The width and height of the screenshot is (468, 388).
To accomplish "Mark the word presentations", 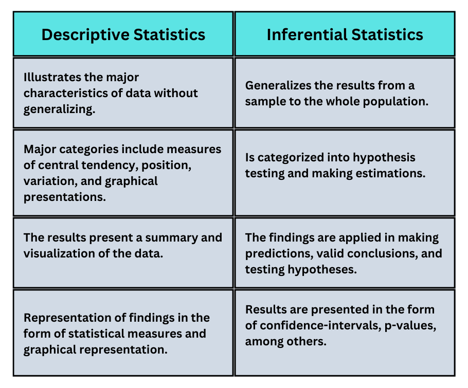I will point(64,197).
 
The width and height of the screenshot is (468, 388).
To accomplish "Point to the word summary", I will point(173,237).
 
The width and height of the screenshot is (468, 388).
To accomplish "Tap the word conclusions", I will point(385,253).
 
